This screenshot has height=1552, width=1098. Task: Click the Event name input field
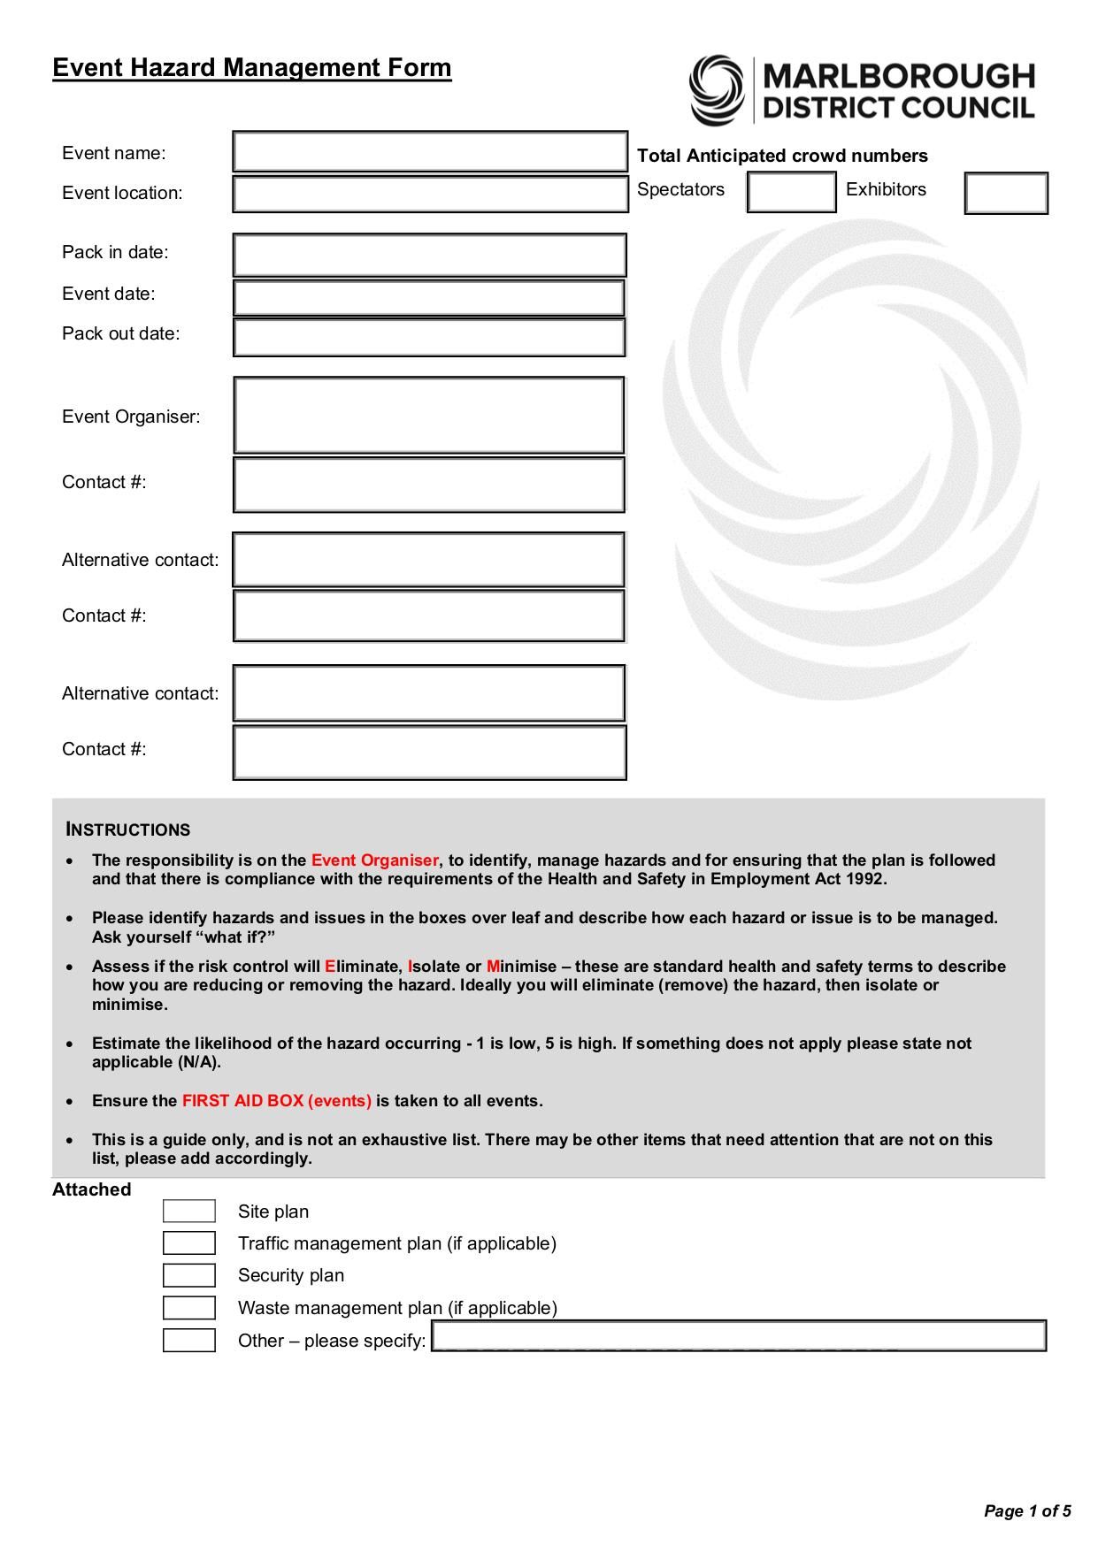[430, 152]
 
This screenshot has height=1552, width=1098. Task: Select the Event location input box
[430, 195]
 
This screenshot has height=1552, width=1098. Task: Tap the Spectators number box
[791, 192]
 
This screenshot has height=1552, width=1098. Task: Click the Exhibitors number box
[1006, 194]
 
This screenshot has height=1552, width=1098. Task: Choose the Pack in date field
[430, 256]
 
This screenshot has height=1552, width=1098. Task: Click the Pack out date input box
[430, 338]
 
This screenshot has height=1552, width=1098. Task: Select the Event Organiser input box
[430, 416]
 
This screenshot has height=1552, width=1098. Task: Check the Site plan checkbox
[189, 1212]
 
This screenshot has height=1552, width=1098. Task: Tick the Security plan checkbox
[189, 1275]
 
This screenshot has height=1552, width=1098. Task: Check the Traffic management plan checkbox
[189, 1243]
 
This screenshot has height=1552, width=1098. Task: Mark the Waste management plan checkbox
[189, 1308]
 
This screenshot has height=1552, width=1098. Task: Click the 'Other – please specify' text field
[739, 1336]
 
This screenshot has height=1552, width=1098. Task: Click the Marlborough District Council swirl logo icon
[717, 90]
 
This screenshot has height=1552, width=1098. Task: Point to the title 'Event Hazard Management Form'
[252, 68]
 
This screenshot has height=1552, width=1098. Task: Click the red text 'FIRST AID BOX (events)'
[276, 1101]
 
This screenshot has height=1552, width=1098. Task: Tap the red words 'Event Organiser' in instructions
[374, 860]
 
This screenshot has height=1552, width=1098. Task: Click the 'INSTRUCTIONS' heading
[128, 830]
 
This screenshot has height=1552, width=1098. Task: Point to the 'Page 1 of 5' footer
[1027, 1510]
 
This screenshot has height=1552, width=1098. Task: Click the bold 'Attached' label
[91, 1189]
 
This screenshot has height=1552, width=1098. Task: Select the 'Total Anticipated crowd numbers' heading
[782, 156]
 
